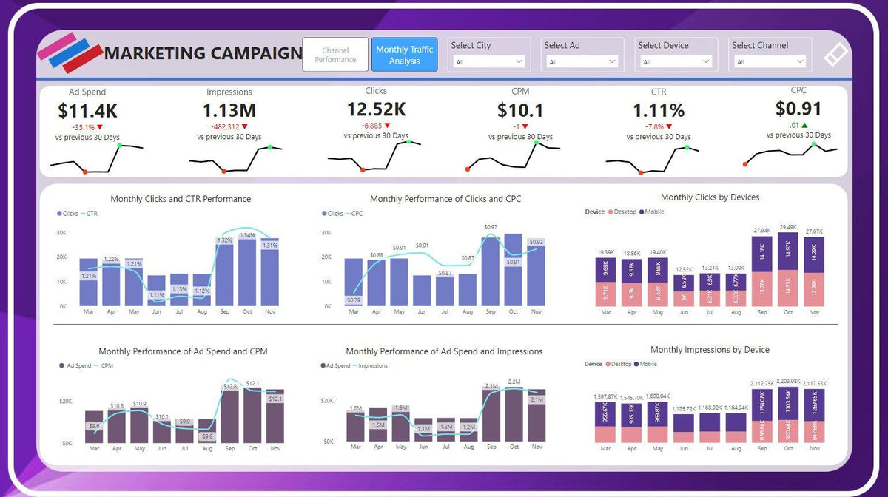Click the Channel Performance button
335,55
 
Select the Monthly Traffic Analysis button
404,55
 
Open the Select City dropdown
488,62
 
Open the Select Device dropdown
676,62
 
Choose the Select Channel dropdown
770,62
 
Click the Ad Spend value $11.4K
87,111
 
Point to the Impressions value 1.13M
229,111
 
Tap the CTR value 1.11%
659,111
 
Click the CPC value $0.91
798,109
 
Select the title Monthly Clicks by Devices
710,197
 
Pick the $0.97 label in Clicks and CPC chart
491,227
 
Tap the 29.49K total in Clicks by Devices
788,228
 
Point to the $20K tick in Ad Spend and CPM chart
67,401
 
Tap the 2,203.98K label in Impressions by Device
788,381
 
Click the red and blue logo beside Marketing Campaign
70,52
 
